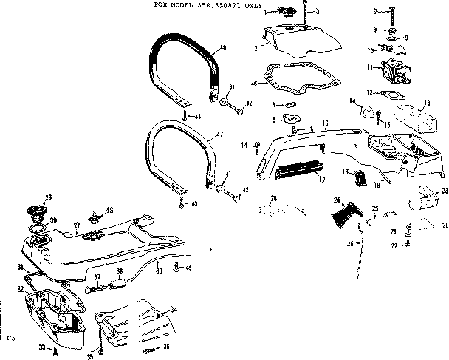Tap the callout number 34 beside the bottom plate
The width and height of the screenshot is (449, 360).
(173, 309)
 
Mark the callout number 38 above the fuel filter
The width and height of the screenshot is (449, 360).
(120, 271)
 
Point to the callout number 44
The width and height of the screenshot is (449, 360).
(244, 145)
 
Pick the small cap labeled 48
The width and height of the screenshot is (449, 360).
(95, 217)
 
